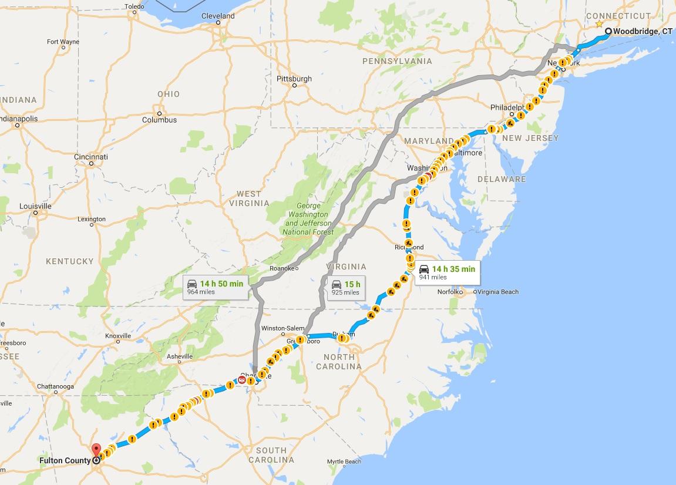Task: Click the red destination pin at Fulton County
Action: point(96,451)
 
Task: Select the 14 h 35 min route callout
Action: point(447,272)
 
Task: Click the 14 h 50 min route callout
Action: point(215,287)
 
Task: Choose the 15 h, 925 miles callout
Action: point(345,288)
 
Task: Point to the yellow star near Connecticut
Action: point(598,24)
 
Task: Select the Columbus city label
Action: point(159,120)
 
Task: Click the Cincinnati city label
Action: point(91,157)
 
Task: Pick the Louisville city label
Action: point(35,206)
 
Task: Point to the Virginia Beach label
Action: point(497,292)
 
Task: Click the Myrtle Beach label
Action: point(344,462)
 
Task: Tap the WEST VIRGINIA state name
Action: point(249,198)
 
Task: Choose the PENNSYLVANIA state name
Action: point(397,61)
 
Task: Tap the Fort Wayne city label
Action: point(63,42)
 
